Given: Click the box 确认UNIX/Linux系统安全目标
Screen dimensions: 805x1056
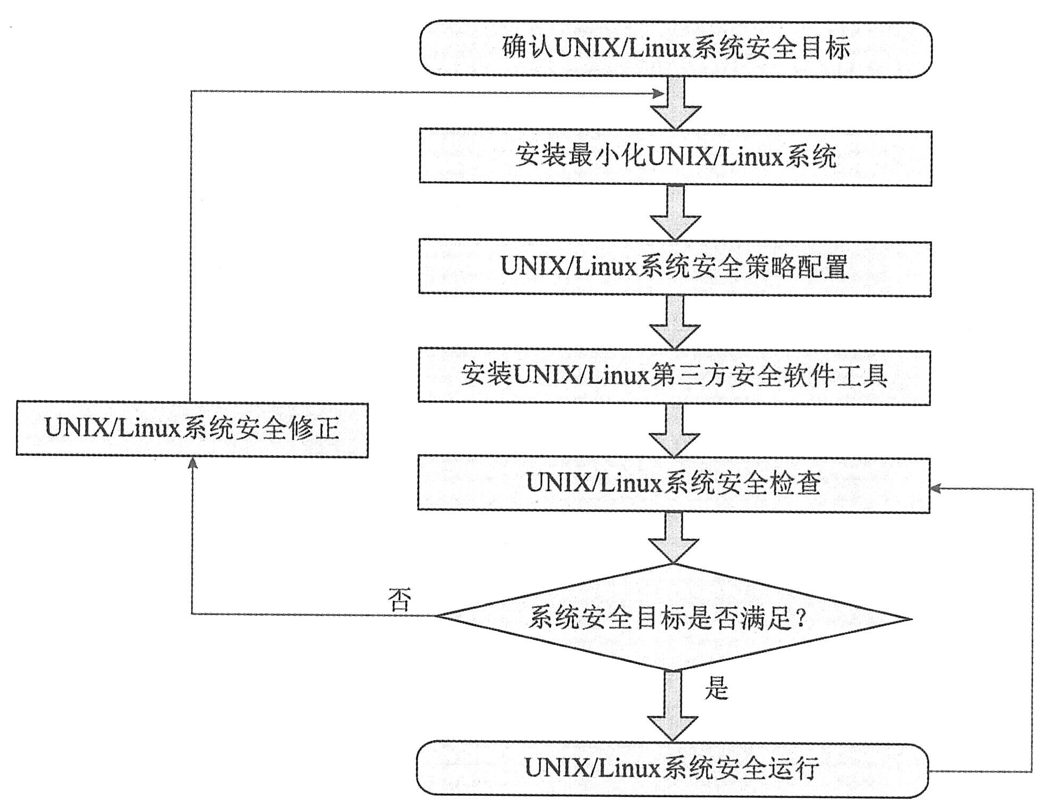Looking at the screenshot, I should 675,49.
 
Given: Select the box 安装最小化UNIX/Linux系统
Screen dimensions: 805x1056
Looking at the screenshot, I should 675,157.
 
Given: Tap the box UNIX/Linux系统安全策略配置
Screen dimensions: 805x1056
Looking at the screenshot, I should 674,267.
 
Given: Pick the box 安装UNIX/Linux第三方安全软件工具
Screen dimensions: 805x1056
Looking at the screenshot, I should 674,376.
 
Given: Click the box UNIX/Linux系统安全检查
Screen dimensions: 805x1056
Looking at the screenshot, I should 673,484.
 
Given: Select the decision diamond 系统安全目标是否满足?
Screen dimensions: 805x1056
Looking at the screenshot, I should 672,618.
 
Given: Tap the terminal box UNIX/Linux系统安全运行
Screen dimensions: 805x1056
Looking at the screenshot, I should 672,768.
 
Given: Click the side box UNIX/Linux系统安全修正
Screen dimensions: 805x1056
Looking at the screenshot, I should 192,429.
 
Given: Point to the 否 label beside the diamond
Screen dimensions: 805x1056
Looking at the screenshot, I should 400,600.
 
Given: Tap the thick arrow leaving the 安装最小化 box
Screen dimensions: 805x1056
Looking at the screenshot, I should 675,212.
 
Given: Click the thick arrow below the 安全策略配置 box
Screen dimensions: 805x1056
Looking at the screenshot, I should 675,322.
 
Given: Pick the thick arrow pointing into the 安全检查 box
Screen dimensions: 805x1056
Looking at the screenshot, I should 674,431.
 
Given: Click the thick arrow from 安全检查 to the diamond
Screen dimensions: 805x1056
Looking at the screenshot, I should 673,538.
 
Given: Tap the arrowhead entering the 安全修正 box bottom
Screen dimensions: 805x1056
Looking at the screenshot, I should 193,464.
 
